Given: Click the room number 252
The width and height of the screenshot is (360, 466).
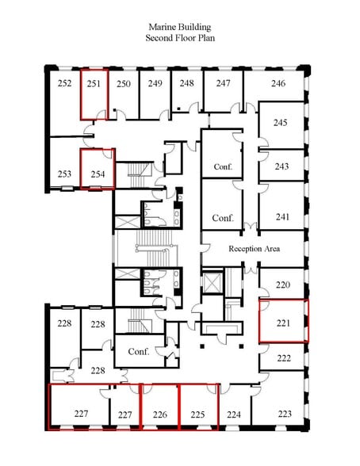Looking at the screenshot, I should click(65, 83).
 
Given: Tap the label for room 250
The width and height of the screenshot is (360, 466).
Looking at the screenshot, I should click(124, 83).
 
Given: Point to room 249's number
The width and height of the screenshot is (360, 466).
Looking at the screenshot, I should click(155, 83).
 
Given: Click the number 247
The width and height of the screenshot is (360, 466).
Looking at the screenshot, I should click(224, 83).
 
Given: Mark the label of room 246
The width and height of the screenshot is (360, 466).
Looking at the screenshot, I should click(278, 83).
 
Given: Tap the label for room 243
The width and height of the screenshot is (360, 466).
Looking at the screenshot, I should click(281, 166).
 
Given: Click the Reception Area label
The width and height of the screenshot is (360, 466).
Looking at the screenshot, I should click(255, 249).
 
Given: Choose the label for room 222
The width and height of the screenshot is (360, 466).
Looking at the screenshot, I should click(284, 358).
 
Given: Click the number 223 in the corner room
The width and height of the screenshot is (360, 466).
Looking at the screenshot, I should click(284, 414).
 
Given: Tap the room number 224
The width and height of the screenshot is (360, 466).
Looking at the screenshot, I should click(234, 414).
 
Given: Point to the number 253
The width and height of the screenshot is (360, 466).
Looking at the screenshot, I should click(65, 174).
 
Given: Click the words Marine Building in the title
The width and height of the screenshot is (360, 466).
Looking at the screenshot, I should click(180, 26).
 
